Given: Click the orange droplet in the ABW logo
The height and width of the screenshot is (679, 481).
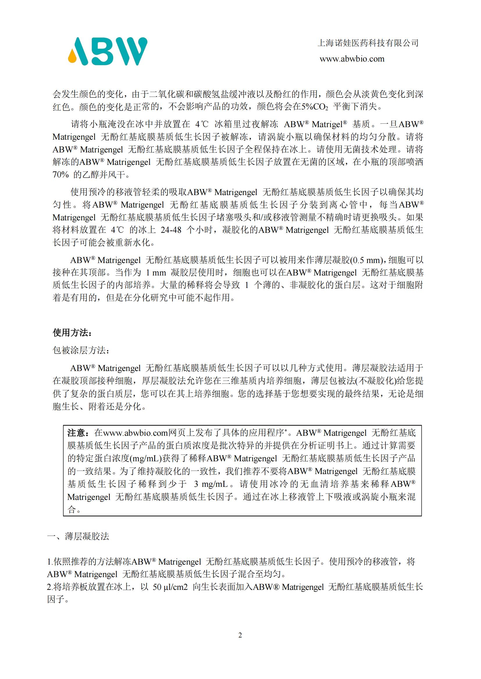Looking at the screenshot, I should (73, 57).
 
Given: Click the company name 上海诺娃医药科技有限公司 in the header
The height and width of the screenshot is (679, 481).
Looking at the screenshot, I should (368, 43).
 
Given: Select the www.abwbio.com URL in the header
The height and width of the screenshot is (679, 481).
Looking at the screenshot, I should (352, 59).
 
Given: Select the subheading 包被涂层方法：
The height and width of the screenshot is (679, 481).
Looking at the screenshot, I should (81, 350).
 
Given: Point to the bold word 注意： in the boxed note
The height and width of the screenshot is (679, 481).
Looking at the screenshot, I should (78, 433).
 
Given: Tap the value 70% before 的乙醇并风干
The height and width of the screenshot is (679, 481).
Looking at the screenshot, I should (61, 174).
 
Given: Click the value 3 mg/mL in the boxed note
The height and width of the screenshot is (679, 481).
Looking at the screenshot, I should (211, 484).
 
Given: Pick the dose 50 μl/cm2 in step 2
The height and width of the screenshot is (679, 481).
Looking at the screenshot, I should (170, 587).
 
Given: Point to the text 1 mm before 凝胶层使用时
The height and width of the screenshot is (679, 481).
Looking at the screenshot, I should (156, 273).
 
